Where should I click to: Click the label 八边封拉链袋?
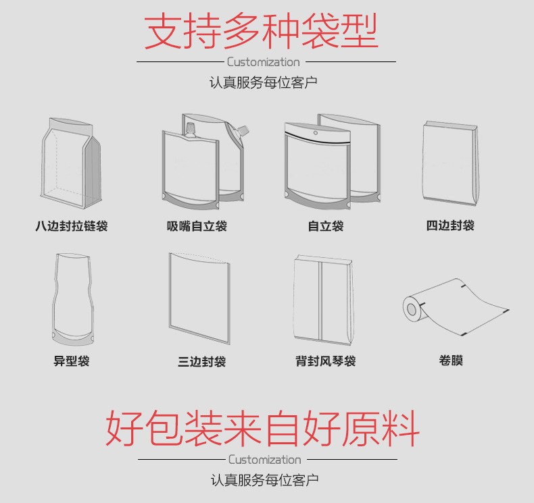point(72,226)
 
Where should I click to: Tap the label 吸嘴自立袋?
point(197,226)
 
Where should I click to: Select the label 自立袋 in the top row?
point(326,226)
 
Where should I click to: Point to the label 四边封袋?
point(450,226)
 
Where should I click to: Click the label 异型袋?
point(72,361)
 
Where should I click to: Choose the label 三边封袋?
point(201,361)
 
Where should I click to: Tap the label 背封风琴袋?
point(326,361)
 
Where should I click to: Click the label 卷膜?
point(451,360)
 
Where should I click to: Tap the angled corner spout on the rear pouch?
point(243,131)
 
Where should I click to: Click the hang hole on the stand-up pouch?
point(316,132)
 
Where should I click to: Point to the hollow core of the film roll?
point(412,309)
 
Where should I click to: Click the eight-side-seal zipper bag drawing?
point(71,163)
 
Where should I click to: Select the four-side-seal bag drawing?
point(450,163)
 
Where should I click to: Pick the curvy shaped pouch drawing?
point(72,299)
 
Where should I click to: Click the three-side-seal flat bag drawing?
point(199,298)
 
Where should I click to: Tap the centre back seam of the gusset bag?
point(320,301)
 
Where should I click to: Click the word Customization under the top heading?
point(264,62)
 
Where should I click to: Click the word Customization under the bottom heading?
point(264,460)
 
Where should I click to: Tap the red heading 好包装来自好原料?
point(262,429)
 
